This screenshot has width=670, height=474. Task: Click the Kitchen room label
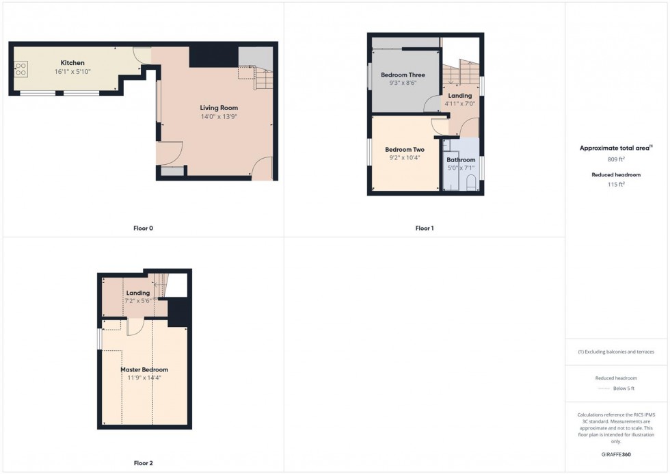(x=72, y=63)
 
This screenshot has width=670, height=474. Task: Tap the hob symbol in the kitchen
(x=21, y=68)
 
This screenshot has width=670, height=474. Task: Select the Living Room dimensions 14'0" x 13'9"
(x=219, y=117)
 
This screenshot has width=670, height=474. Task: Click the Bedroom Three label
(x=403, y=75)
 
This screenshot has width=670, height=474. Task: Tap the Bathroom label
(x=461, y=160)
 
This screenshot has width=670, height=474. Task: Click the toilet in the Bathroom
(x=470, y=183)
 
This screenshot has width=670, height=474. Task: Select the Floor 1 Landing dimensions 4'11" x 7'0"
(x=459, y=103)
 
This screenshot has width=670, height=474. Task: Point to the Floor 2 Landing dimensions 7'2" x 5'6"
(x=137, y=301)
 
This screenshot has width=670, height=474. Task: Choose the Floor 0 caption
(x=143, y=228)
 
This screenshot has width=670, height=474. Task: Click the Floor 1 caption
(x=424, y=228)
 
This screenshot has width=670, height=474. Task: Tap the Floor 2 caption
(x=143, y=463)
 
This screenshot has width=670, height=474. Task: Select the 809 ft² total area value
(x=616, y=159)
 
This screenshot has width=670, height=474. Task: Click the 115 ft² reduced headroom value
(x=616, y=184)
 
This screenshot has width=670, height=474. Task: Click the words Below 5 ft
(x=625, y=389)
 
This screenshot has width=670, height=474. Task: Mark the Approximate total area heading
(x=614, y=148)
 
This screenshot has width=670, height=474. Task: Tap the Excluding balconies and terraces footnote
(x=616, y=352)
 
